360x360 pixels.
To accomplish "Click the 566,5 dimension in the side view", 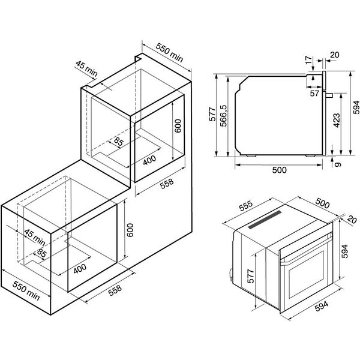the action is [223, 116].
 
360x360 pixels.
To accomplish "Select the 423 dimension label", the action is [337, 121].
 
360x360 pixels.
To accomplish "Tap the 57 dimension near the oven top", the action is [314, 93].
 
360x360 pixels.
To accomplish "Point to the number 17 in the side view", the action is [309, 59].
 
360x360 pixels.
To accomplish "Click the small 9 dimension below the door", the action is [337, 164].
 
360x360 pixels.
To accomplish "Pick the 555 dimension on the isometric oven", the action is [246, 206].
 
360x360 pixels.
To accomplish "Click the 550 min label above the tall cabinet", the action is [169, 53].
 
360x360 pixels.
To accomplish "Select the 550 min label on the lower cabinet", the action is [26, 290].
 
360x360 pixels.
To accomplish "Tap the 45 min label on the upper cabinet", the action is [86, 68].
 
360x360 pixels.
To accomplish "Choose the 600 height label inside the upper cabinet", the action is [178, 126].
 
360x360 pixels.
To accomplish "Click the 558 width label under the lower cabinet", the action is [115, 290].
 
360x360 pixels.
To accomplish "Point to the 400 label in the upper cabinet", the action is [149, 160].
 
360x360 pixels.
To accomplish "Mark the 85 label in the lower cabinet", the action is [42, 253].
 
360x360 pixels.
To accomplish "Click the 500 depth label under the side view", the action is [280, 170].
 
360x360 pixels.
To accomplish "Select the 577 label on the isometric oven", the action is [251, 276].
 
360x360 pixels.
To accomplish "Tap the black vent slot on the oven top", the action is [265, 220].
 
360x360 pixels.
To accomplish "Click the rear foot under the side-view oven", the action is [251, 156].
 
